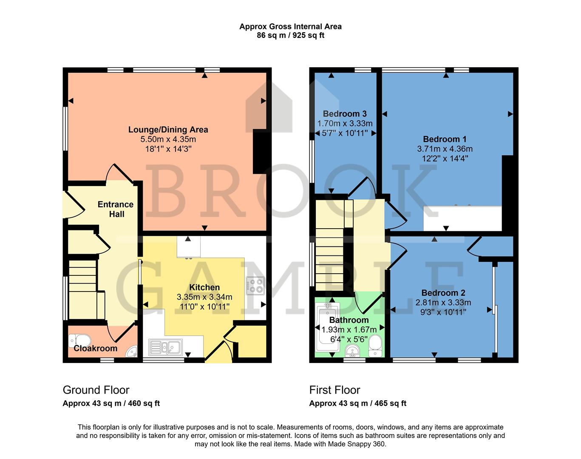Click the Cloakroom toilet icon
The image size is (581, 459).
click(79, 340)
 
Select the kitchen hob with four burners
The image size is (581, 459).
click(255, 286)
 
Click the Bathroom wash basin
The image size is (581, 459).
click(352, 351)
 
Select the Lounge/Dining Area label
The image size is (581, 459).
click(168, 130)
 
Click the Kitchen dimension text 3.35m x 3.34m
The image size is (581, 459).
click(204, 297)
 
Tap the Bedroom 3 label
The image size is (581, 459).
click(345, 113)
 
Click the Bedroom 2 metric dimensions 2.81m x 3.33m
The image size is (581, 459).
click(443, 303)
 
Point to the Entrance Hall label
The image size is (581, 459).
click(116, 209)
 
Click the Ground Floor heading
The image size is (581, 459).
click(96, 390)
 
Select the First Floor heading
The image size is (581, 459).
click(334, 390)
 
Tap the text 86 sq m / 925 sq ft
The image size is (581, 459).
click(290, 36)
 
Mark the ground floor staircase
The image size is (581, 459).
click(82, 289)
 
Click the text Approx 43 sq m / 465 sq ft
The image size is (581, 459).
click(357, 403)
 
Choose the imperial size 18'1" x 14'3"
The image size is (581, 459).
click(168, 149)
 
